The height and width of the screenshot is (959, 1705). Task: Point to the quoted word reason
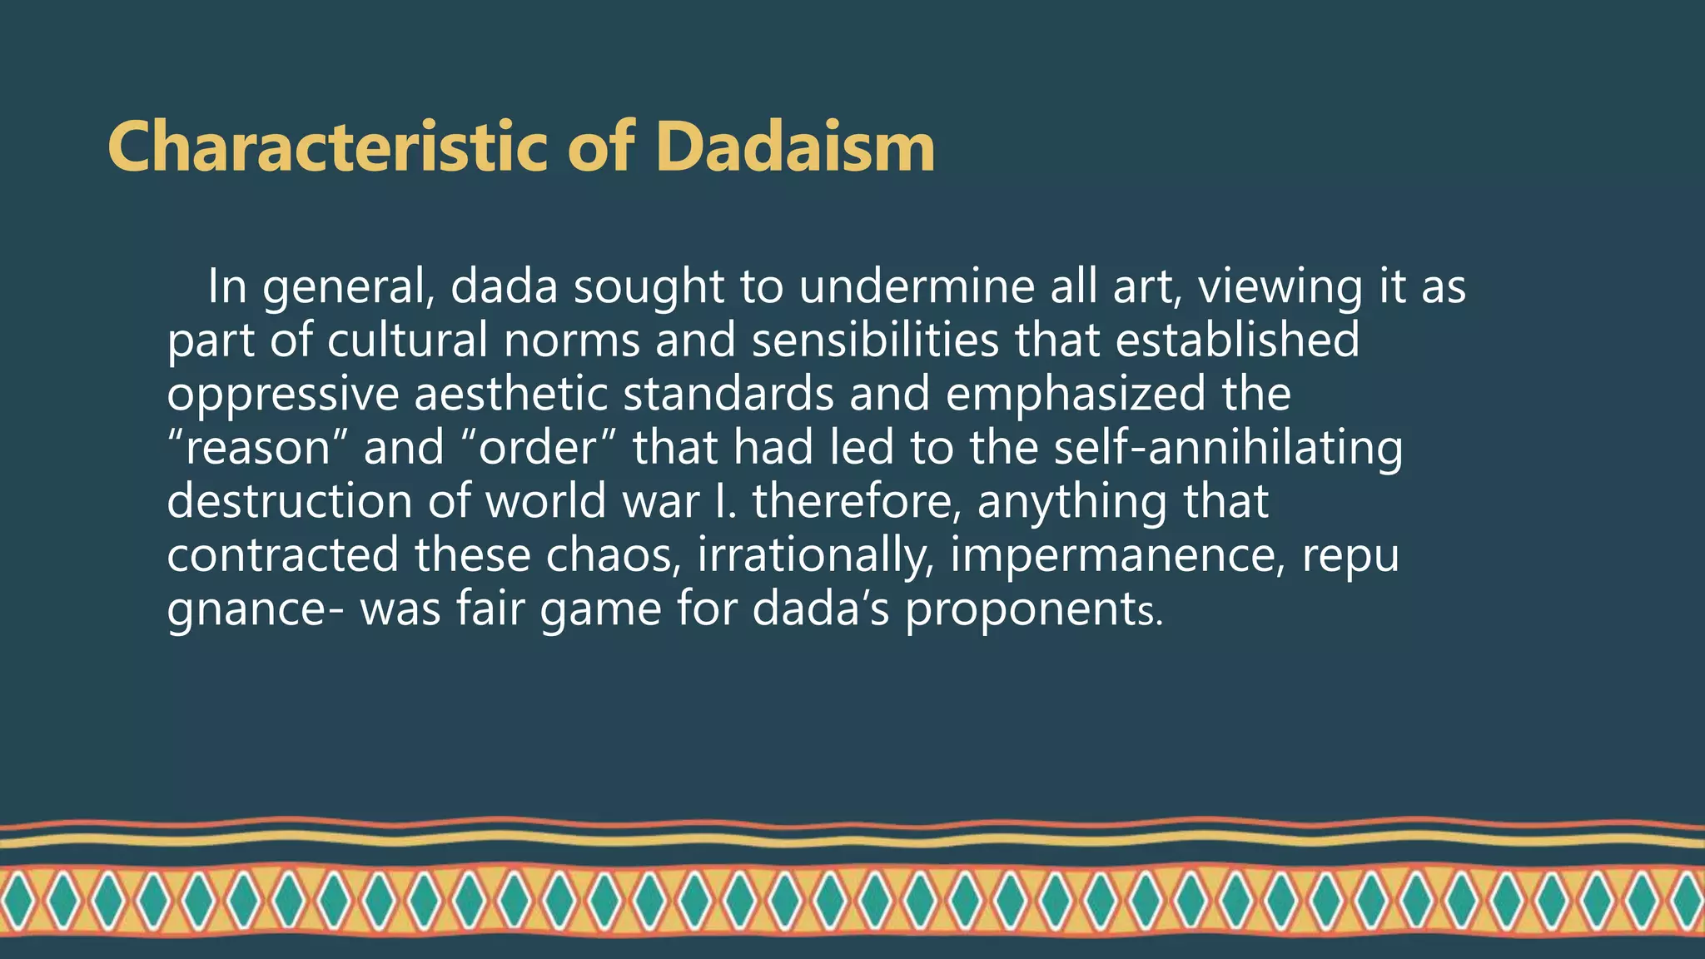pyautogui.click(x=258, y=448)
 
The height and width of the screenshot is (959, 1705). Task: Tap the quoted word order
pyautogui.click(x=539, y=448)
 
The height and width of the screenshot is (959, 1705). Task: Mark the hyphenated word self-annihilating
pyautogui.click(x=1228, y=448)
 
